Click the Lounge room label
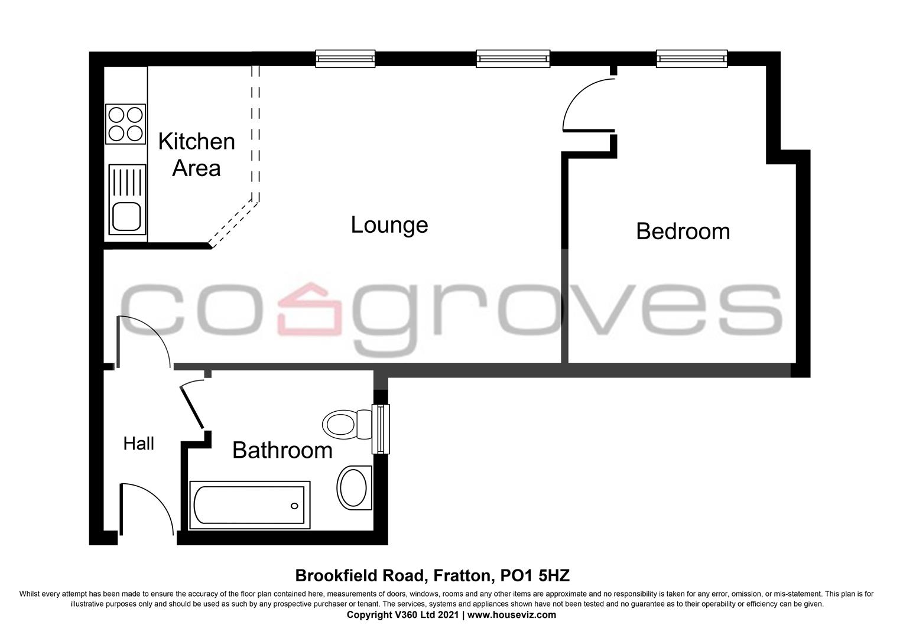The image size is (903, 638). (x=389, y=225)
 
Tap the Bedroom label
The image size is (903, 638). (x=683, y=231)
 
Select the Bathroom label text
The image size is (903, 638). (x=282, y=450)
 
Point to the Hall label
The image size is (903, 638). (x=139, y=444)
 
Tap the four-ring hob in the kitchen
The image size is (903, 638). (x=125, y=123)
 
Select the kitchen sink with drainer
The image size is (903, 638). (x=127, y=198)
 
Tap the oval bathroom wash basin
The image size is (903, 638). (x=355, y=487)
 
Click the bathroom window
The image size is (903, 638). (x=381, y=429)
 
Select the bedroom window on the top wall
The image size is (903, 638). (x=691, y=58)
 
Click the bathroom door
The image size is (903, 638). (x=193, y=405)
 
